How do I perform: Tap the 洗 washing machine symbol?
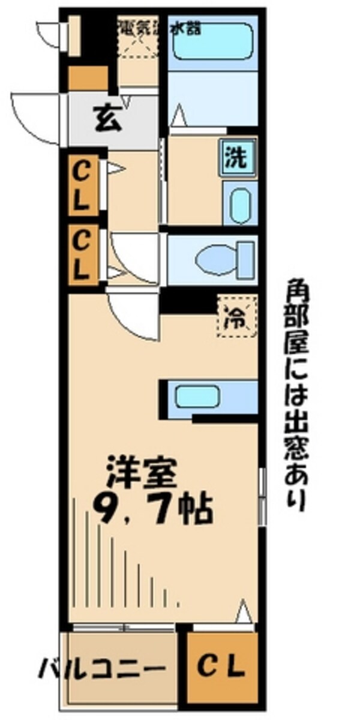[x=235, y=157]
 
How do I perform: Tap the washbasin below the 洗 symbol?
[x=240, y=204]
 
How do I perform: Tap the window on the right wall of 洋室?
[x=262, y=498]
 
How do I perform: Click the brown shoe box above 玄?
[x=88, y=78]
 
